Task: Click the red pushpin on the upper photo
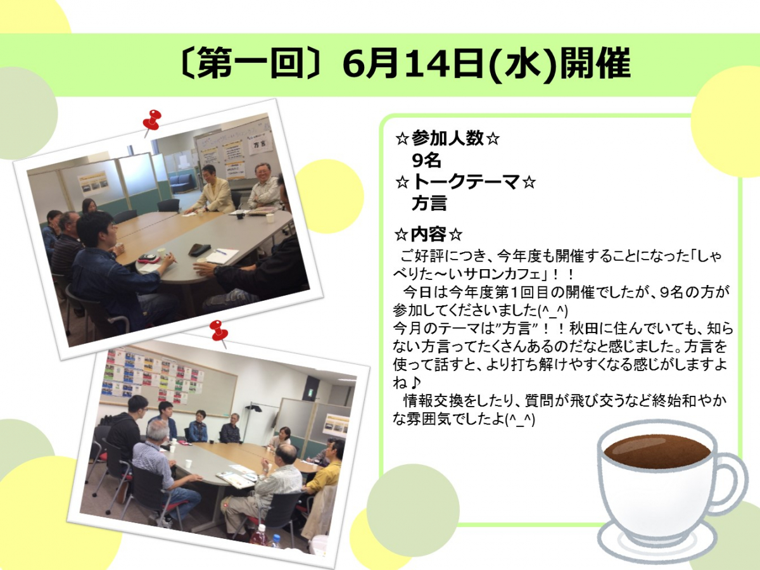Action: (x=153, y=121)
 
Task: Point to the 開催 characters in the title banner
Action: (x=596, y=65)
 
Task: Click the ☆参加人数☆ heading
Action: (x=447, y=139)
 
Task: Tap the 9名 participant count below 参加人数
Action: (x=426, y=160)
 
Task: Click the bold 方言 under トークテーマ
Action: (x=429, y=203)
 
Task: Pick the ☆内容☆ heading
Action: (x=428, y=235)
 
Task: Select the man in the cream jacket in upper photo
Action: (x=211, y=190)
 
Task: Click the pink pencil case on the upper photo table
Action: (x=149, y=258)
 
